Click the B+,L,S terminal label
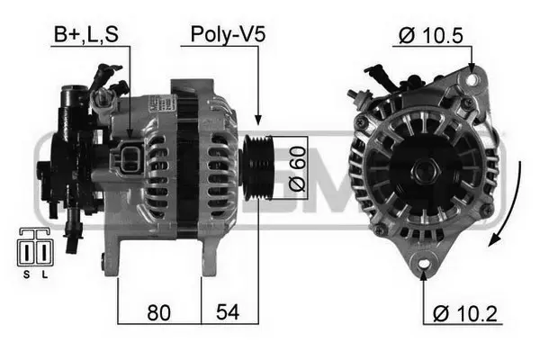85,35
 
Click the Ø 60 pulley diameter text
298,167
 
